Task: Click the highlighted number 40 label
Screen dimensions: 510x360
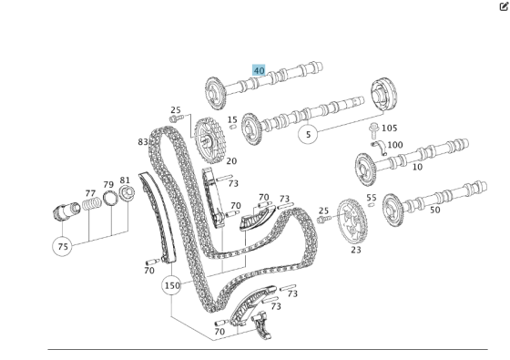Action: (x=259, y=70)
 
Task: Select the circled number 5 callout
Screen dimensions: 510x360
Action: (x=309, y=134)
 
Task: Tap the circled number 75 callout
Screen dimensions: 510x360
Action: (x=63, y=246)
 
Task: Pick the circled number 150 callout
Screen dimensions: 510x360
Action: (x=171, y=285)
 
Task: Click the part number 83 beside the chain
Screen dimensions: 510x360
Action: (x=143, y=142)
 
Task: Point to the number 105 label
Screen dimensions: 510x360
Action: (x=390, y=128)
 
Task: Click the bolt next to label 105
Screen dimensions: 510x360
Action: (x=373, y=130)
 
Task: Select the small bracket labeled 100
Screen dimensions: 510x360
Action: (x=379, y=148)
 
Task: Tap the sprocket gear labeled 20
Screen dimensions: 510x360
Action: (x=209, y=139)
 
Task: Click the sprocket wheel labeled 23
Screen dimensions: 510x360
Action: (x=352, y=221)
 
